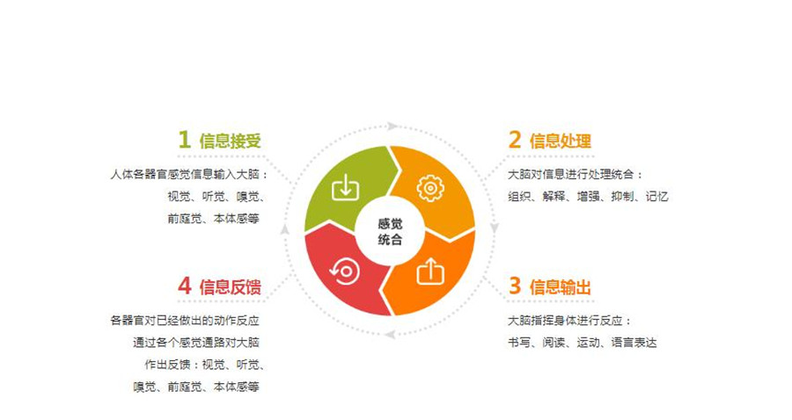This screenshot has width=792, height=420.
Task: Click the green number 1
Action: pyautogui.click(x=184, y=140)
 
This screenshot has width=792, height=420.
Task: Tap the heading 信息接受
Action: pyautogui.click(x=231, y=141)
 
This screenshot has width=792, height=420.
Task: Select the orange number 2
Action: pyautogui.click(x=515, y=140)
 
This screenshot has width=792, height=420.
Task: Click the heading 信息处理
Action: pyautogui.click(x=561, y=141)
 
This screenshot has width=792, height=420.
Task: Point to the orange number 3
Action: pyautogui.click(x=515, y=286)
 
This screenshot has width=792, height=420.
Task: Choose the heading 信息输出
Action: pyautogui.click(x=561, y=286)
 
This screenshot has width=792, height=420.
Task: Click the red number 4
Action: pyautogui.click(x=184, y=286)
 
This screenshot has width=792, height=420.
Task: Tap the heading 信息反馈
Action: pyautogui.click(x=231, y=286)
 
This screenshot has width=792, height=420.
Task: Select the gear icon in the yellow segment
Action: pyautogui.click(x=429, y=187)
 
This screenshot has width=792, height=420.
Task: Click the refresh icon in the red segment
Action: pyautogui.click(x=344, y=271)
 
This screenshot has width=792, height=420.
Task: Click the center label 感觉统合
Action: pyautogui.click(x=388, y=230)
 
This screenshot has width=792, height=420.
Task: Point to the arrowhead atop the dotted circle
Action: pyautogui.click(x=393, y=127)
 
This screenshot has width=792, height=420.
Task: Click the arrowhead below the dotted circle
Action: pyautogui.click(x=387, y=334)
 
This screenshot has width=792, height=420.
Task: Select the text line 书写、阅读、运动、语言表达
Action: pyautogui.click(x=583, y=343)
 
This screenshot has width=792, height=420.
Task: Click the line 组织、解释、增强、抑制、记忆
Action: pyautogui.click(x=588, y=197)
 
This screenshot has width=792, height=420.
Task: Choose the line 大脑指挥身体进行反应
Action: pyautogui.click(x=569, y=321)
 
